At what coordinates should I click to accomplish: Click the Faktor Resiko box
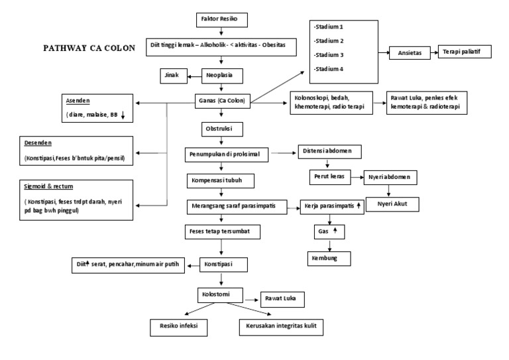(222, 19)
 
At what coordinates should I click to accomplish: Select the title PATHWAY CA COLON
(89, 48)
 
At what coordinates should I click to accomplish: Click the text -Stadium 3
(330, 54)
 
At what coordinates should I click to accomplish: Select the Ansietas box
(408, 52)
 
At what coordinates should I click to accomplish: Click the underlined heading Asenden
(79, 101)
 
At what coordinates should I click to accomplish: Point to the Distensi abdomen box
(329, 151)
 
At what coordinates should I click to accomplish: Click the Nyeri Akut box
(393, 205)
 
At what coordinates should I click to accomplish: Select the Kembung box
(327, 257)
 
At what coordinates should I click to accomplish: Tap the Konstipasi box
(222, 264)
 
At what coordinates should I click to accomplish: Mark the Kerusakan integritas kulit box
(282, 326)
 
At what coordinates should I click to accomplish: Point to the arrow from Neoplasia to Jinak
(195, 76)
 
